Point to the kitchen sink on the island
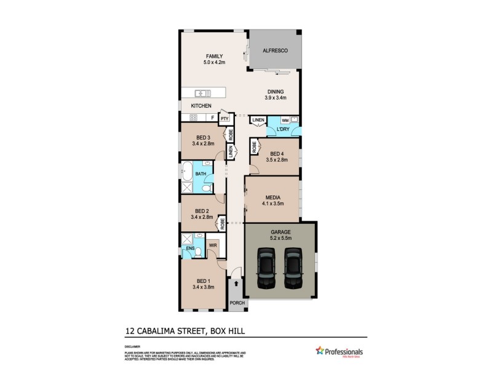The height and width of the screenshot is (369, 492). click(203, 93)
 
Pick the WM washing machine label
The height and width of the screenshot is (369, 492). click(285, 120)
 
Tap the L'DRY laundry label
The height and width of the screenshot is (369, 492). click(282, 129)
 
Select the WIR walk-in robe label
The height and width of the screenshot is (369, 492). click(212, 245)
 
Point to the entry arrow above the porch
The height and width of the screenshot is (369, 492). click(237, 285)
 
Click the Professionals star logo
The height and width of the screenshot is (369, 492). click(319, 351)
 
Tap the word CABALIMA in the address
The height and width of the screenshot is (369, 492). click(162, 331)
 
